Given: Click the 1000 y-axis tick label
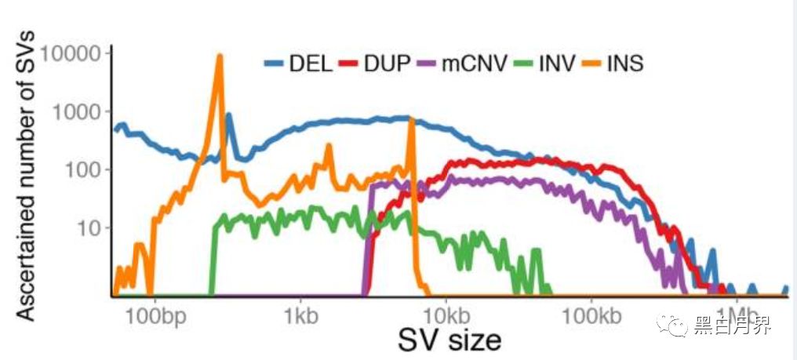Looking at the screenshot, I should click(80, 112).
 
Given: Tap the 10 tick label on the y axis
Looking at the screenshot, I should click(94, 228).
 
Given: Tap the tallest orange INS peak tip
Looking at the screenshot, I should click(220, 56).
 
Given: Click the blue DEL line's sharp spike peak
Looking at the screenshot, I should click(229, 115).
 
